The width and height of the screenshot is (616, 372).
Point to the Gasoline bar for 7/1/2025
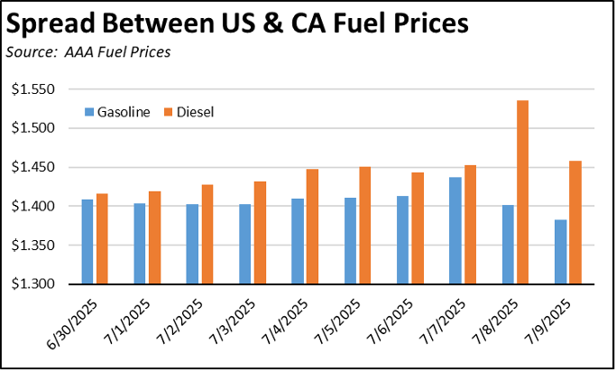point(139,243)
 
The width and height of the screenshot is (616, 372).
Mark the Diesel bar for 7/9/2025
point(575,222)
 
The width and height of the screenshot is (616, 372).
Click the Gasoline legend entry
point(123,112)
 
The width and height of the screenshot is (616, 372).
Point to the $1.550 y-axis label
point(32,89)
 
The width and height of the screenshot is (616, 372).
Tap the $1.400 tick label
point(32,207)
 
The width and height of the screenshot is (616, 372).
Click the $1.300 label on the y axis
point(32,284)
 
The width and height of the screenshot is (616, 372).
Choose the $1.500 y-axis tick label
point(32,128)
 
